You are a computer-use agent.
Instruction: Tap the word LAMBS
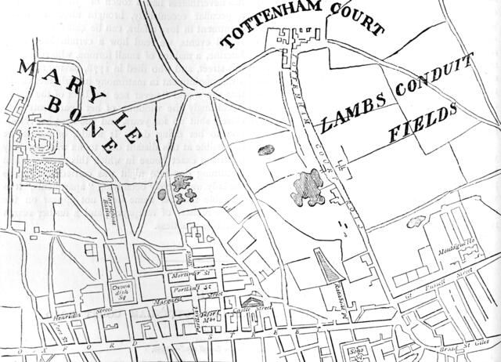pyautogui.click(x=347, y=113)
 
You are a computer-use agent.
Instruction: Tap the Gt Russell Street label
pyautogui.click(x=444, y=292)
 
